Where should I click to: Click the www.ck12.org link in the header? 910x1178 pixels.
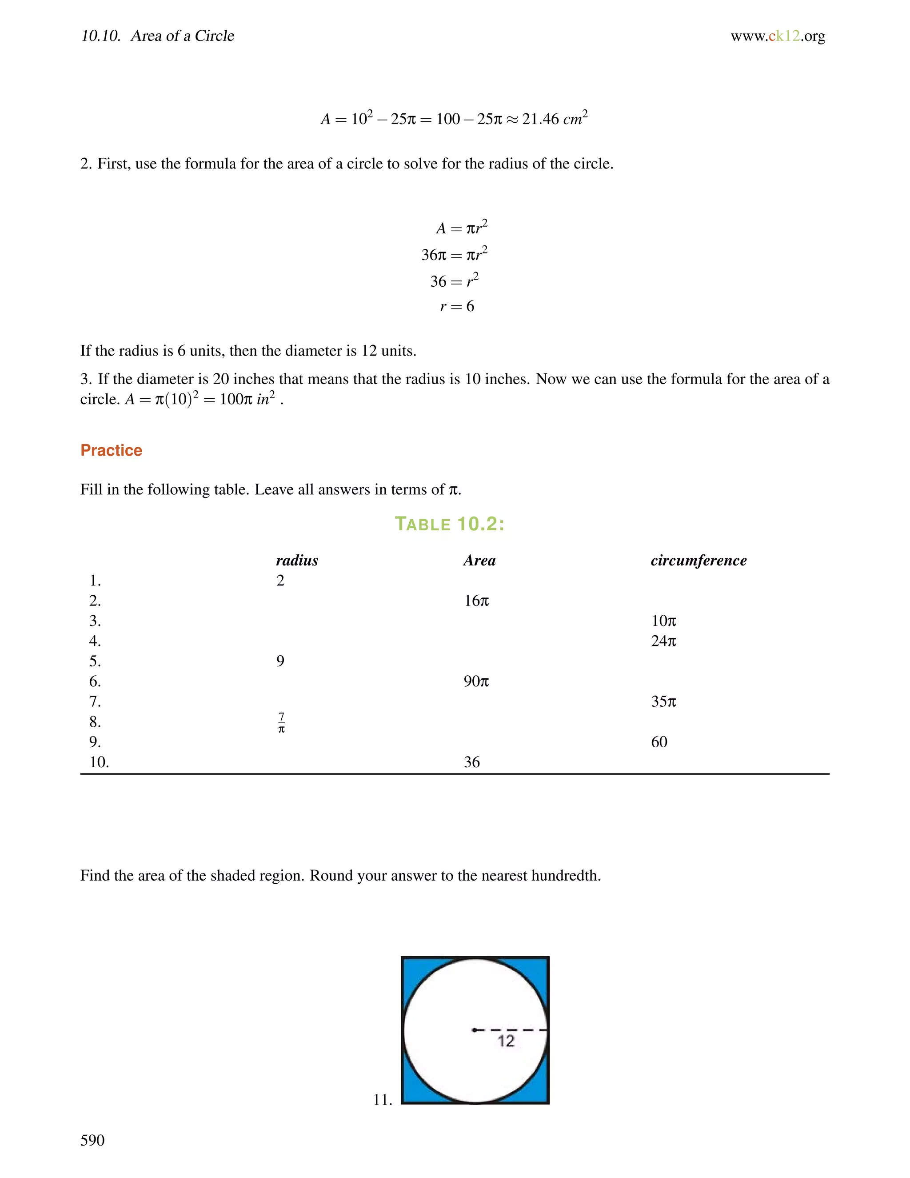point(778,36)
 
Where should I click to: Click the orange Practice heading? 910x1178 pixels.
point(111,450)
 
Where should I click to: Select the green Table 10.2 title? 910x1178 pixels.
point(450,524)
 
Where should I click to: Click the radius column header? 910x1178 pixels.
point(296,561)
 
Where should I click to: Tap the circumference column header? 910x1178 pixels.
point(698,561)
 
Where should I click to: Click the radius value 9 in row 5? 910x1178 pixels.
point(280,661)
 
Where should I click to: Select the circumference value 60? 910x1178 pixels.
point(659,742)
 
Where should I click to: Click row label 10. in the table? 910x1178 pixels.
point(99,762)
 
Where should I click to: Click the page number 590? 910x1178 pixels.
point(92,1140)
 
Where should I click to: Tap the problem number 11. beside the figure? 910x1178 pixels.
point(382,1100)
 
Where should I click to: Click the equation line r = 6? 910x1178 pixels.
point(457,306)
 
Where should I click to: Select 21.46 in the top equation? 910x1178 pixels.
point(540,119)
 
